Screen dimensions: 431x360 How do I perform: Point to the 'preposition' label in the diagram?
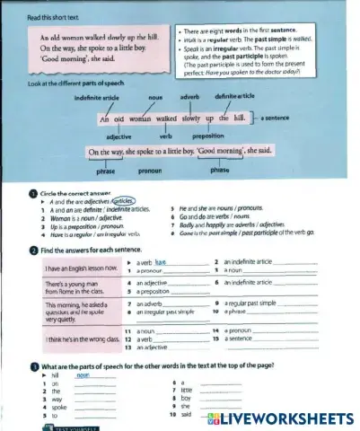[210, 136]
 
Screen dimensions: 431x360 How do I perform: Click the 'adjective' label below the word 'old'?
[119, 136]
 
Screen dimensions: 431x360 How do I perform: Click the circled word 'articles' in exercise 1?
[124, 201]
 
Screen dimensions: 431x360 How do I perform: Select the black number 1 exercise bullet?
[33, 193]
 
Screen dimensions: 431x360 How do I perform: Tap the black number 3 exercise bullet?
[33, 366]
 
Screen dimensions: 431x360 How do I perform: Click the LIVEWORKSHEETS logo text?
[288, 419]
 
